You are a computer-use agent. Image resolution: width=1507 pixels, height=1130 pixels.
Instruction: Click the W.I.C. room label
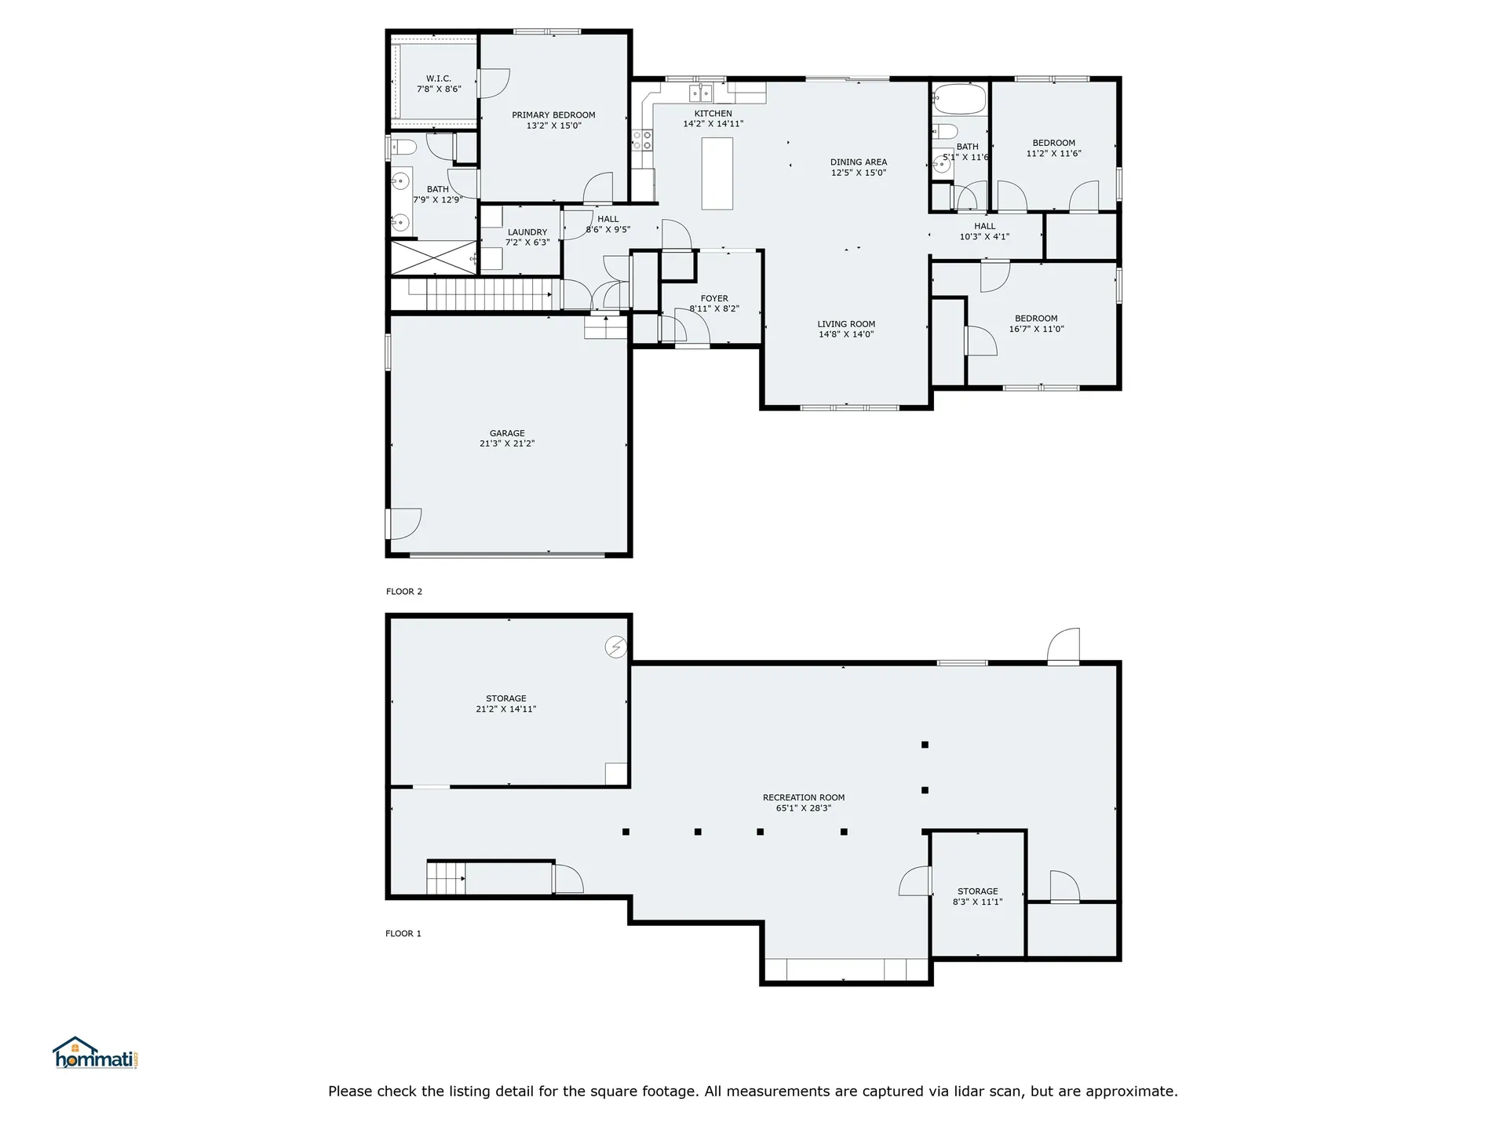[438, 78]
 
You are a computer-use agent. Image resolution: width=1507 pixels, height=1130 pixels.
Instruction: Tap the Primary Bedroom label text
[553, 115]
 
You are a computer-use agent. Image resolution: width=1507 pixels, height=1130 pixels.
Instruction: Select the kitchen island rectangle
[717, 173]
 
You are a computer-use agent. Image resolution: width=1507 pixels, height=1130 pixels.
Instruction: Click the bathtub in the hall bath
[958, 100]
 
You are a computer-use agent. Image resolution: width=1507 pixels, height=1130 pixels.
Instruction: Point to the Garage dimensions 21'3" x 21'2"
[507, 443]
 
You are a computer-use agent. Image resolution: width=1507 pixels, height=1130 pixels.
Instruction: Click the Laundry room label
[527, 232]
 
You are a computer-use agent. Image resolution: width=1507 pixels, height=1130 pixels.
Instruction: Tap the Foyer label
[714, 298]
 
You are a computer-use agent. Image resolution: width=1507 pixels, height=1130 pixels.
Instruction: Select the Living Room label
[846, 324]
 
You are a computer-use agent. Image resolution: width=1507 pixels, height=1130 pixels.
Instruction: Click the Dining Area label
[859, 162]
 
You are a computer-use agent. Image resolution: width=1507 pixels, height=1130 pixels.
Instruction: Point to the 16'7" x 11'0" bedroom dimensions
[1036, 330]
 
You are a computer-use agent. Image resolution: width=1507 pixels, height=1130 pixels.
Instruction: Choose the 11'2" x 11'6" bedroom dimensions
[1054, 154]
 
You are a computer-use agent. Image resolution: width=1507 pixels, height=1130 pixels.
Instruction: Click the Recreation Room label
[804, 798]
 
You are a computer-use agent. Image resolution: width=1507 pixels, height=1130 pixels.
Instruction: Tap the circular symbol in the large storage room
[616, 647]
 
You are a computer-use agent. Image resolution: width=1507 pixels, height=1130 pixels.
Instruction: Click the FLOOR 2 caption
[404, 592]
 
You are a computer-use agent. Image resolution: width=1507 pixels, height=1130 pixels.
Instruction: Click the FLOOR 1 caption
[403, 934]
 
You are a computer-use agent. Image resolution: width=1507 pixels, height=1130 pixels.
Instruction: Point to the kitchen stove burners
[642, 140]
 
